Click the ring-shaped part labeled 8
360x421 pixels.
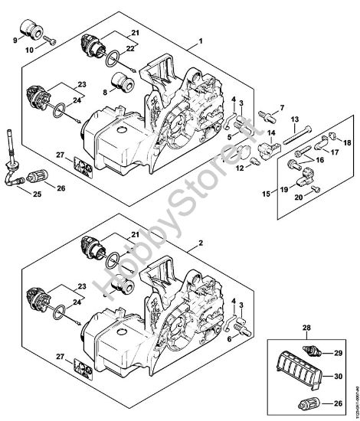pyautogui.click(x=121, y=82)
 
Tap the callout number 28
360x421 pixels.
pyautogui.click(x=287, y=327)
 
